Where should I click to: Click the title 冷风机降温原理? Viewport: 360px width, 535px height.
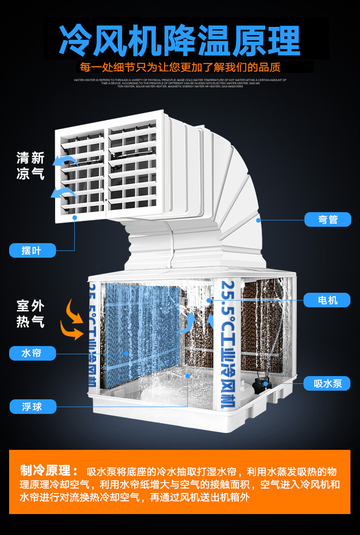[x=180, y=41]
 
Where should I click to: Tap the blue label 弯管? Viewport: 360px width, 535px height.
[x=328, y=219]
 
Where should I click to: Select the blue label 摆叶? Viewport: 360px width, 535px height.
[x=32, y=250]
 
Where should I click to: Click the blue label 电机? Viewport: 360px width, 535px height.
[x=327, y=300]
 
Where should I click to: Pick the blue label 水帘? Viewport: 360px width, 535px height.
[x=32, y=353]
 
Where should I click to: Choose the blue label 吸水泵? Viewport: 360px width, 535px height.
[x=327, y=383]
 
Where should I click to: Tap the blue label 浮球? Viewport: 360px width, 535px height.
[x=32, y=406]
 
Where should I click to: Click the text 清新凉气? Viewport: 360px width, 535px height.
[x=31, y=166]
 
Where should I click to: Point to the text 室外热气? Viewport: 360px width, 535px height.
[x=31, y=313]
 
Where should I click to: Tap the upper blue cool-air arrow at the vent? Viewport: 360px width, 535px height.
[x=63, y=160]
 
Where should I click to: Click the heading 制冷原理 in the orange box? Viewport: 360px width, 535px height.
[x=49, y=471]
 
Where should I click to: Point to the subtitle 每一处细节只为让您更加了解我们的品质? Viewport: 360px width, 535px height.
[x=180, y=67]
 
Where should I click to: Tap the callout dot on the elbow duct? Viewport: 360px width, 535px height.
[x=258, y=220]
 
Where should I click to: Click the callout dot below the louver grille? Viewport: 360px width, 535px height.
[x=75, y=218]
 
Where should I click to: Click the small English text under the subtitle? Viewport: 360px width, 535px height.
[x=180, y=83]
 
